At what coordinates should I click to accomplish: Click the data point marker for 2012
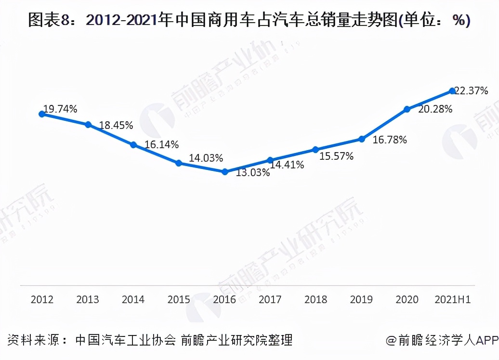pyautogui.click(x=42, y=114)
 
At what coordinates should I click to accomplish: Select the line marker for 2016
pyautogui.click(x=224, y=171)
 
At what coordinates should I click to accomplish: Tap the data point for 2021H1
pyautogui.click(x=452, y=90)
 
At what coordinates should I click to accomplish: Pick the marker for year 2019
pyautogui.click(x=361, y=139)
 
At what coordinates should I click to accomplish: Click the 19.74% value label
pyautogui.click(x=60, y=109)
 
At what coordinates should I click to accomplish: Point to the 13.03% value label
pyautogui.click(x=252, y=173)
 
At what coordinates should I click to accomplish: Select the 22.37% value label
pyautogui.click(x=472, y=90)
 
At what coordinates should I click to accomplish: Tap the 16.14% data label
pyautogui.click(x=162, y=144)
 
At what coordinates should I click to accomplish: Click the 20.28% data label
pyautogui.click(x=435, y=109)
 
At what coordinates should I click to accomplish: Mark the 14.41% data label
pyautogui.click(x=287, y=165)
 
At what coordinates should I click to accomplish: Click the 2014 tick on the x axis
pyautogui.click(x=133, y=299)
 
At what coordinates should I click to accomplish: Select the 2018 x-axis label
pyautogui.click(x=315, y=299)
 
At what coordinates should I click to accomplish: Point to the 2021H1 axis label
pyautogui.click(x=452, y=299)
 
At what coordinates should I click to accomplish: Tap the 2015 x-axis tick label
pyautogui.click(x=179, y=299)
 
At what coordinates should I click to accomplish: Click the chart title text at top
pyautogui.click(x=249, y=21)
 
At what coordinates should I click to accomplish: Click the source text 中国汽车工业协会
pyautogui.click(x=126, y=340)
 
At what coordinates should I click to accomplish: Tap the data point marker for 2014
pyautogui.click(x=133, y=144)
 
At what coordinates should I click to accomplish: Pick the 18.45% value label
pyautogui.click(x=116, y=126)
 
